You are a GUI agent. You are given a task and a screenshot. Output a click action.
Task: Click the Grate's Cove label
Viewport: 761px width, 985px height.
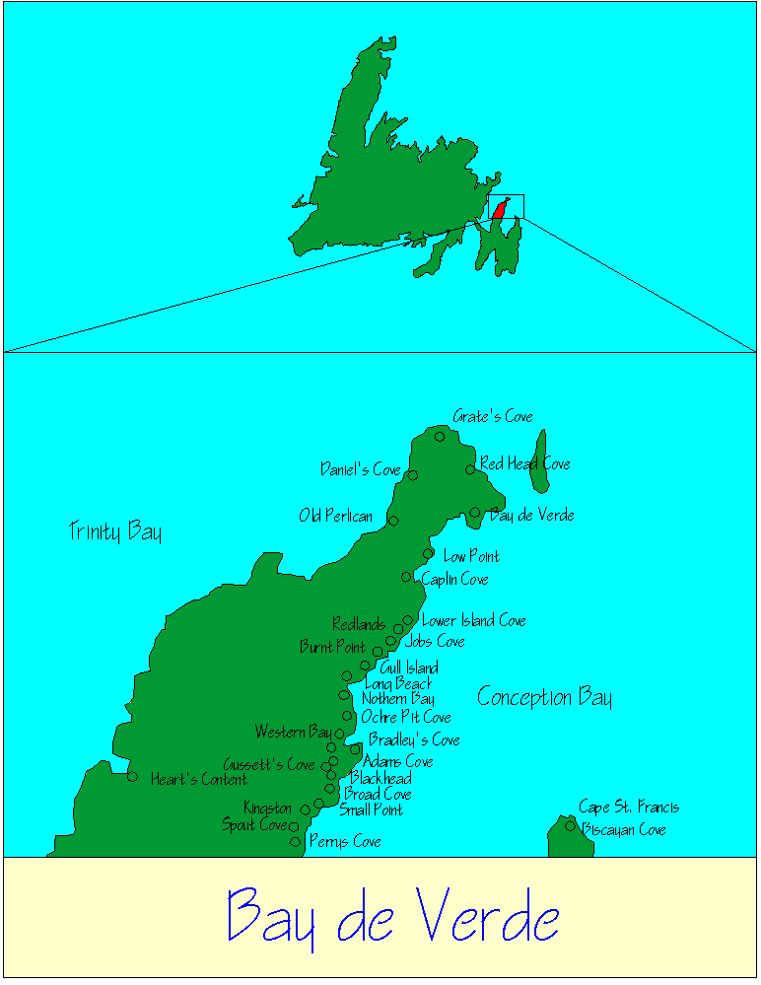point(492,416)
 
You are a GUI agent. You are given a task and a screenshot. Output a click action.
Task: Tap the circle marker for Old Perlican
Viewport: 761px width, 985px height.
point(393,521)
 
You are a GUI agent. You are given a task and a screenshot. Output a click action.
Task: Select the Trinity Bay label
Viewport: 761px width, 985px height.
point(115,531)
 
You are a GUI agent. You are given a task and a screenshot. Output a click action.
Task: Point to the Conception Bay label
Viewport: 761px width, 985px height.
point(544,698)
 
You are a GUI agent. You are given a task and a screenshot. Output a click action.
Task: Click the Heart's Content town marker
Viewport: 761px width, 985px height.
point(132,776)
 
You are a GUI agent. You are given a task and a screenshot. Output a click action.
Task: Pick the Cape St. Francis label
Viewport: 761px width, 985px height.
point(629,807)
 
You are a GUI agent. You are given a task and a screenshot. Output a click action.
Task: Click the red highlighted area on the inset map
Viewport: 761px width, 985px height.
point(500,209)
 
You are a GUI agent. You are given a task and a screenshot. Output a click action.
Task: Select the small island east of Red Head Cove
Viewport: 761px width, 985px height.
point(539,461)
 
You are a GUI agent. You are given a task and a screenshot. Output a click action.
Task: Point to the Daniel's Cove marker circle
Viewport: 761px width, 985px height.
point(412,475)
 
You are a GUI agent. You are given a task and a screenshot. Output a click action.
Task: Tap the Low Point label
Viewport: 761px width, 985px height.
point(471,556)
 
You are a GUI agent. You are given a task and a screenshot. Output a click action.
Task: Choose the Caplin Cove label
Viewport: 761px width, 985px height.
point(454,579)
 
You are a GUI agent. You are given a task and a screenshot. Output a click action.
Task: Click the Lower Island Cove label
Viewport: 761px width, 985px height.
point(473,620)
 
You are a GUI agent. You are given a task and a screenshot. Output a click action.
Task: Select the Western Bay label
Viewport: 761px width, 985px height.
point(293,732)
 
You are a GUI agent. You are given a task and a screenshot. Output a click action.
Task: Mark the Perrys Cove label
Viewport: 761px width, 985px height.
point(345,842)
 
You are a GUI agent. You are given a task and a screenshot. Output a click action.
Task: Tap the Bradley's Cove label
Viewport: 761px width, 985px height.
point(414,739)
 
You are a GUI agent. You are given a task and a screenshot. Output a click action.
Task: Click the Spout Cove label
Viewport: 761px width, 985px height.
point(253,824)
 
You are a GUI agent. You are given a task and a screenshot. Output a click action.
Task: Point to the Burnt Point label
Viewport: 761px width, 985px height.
point(332,648)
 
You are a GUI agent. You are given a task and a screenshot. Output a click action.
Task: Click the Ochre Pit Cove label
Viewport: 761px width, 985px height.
point(406,717)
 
